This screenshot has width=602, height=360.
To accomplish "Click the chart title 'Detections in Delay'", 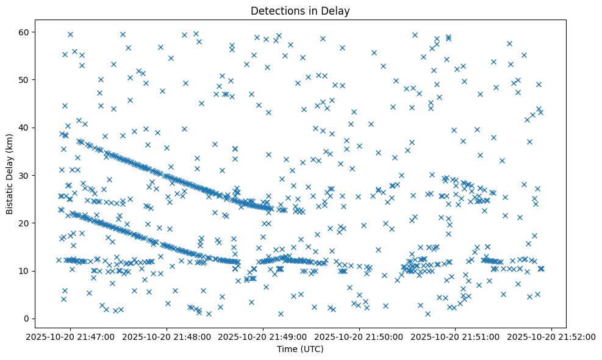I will point(300,11).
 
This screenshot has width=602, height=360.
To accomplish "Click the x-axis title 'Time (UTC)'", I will point(299,350).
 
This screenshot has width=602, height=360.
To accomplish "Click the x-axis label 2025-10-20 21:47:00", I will point(71,337).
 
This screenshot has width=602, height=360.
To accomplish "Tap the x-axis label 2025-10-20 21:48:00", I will point(167,337).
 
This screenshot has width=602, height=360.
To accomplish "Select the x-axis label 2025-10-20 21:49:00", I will point(263,337).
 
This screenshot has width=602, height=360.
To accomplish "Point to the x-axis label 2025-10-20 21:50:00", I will point(360,337).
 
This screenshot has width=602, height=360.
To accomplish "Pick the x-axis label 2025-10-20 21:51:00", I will point(456,337).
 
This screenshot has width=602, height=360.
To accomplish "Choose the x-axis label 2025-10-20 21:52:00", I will point(552,337).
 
